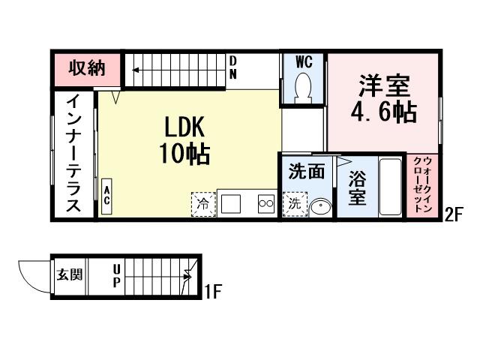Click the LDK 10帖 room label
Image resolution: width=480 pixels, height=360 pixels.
click(x=184, y=140)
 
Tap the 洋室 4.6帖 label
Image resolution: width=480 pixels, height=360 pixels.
click(x=383, y=98)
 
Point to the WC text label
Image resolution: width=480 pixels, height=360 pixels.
click(x=304, y=59)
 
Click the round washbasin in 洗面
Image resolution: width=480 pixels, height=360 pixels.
click(x=320, y=205)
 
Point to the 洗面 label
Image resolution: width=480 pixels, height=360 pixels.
click(x=306, y=171)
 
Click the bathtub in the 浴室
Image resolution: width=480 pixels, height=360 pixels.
click(x=390, y=187)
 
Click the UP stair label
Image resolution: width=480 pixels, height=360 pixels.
click(x=117, y=274)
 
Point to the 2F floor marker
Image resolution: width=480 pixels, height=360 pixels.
click(x=453, y=215)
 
